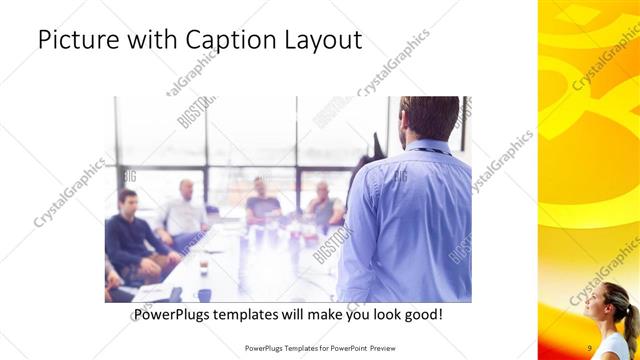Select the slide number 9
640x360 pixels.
tap(590, 347)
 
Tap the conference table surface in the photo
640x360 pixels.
tap(250, 270)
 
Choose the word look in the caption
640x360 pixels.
tap(384, 315)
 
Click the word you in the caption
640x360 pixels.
tap(358, 315)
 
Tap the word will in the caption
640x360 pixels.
tap(298, 315)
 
